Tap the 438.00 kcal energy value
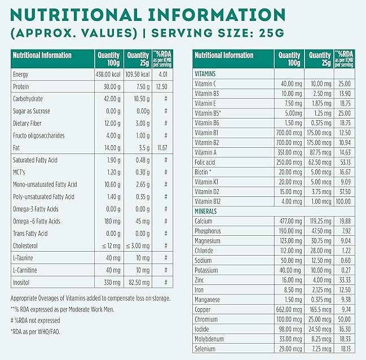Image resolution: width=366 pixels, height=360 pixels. [x=108, y=74]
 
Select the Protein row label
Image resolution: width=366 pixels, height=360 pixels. [x=21, y=87]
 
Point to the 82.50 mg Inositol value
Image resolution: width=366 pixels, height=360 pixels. [x=139, y=282]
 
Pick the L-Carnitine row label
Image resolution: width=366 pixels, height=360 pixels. [x=25, y=270]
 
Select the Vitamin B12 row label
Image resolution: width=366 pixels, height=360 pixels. [x=208, y=201]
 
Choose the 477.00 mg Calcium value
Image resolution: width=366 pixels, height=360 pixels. [x=289, y=221]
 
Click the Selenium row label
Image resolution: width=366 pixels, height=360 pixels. [x=205, y=349]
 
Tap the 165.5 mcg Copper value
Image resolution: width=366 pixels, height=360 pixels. [x=320, y=310]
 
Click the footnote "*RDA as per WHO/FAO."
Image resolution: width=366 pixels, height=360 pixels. [x=35, y=332]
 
